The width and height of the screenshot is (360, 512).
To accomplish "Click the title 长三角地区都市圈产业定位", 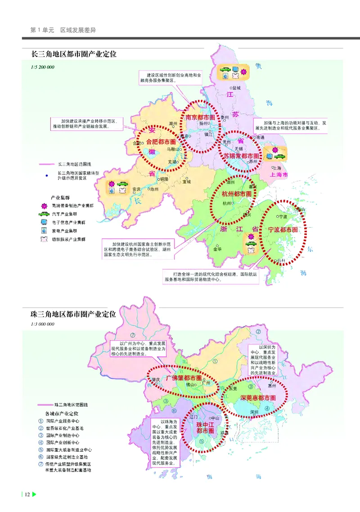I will click(x=73, y=54).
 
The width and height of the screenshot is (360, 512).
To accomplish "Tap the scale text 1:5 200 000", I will click(x=42, y=67).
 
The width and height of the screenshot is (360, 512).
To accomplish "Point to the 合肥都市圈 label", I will click(x=161, y=142).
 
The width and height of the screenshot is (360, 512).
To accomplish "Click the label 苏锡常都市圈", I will click(x=243, y=156).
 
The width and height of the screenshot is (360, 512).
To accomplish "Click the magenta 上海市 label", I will click(x=279, y=175).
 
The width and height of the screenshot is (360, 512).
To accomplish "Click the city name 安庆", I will click(x=136, y=189).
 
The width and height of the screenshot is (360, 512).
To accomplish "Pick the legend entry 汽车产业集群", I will click(x=73, y=214).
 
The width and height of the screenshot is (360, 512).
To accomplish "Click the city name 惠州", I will click(x=271, y=385).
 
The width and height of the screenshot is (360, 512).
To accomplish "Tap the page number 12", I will click(x=27, y=494).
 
